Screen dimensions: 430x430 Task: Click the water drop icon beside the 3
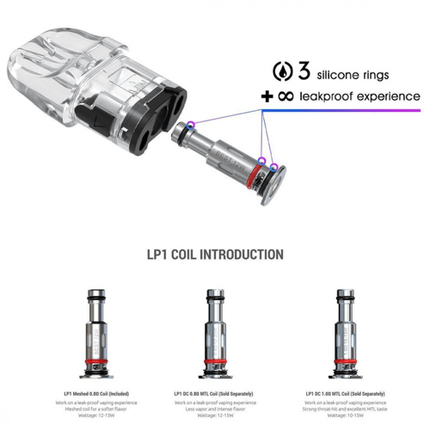point(282,71)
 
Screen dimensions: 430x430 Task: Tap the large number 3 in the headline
point(304,70)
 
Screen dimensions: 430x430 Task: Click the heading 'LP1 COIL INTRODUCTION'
point(215,255)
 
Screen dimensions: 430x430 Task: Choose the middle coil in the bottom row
point(215,329)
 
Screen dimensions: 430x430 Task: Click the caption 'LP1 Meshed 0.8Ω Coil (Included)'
point(95,393)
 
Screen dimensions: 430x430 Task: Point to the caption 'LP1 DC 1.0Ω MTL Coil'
point(340,393)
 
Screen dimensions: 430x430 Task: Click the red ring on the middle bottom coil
point(215,354)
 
